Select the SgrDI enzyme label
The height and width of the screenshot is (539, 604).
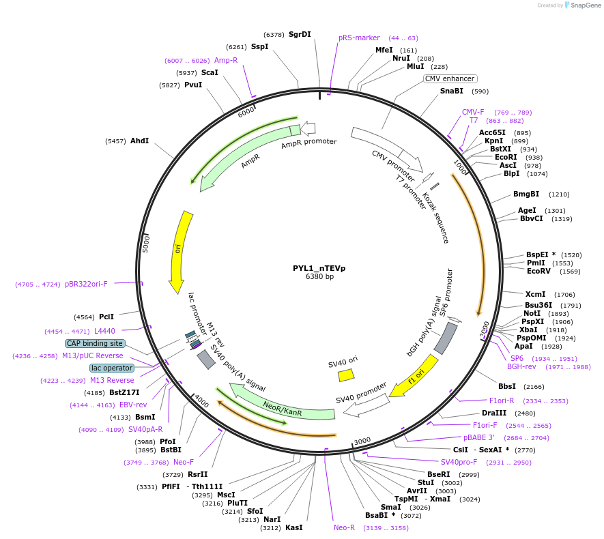(300, 34)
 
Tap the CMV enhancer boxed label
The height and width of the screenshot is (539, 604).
(450, 78)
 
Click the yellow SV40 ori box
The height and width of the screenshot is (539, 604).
(346, 375)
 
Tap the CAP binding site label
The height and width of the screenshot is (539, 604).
(95, 343)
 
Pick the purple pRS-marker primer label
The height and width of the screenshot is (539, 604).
(359, 38)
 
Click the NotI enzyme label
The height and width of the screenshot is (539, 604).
(532, 313)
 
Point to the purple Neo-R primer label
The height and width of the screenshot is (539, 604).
(344, 527)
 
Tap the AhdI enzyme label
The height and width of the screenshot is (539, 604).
(139, 141)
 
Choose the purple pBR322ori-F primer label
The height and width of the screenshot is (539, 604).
(86, 284)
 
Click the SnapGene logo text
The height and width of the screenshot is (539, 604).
(585, 5)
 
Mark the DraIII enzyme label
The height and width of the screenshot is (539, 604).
(493, 413)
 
